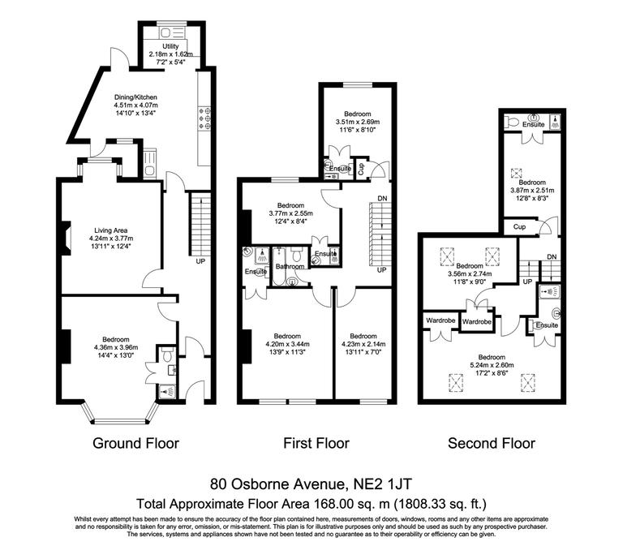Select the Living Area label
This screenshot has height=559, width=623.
(x=110, y=231)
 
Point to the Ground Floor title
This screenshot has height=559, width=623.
(x=135, y=443)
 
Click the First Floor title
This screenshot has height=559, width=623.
(x=316, y=443)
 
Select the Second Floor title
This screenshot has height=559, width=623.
(x=492, y=443)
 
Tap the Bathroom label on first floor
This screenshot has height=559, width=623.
(x=290, y=266)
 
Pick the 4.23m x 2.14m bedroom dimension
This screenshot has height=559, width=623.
(x=363, y=343)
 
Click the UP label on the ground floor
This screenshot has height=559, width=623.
(x=200, y=262)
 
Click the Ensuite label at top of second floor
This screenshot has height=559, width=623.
(x=533, y=124)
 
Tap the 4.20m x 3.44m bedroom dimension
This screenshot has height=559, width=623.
(x=288, y=343)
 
